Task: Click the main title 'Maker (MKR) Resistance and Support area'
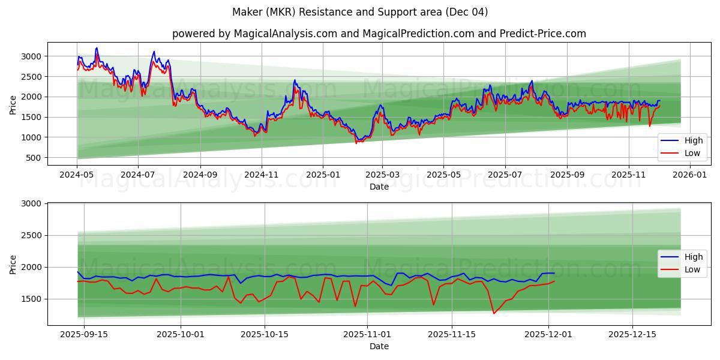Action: (x=360, y=12)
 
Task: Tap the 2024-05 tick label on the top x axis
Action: (x=77, y=175)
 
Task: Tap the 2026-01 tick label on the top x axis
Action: (x=690, y=175)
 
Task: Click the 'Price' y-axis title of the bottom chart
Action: (x=13, y=264)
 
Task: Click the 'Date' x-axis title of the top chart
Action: (x=379, y=187)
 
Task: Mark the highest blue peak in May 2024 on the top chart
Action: (x=97, y=48)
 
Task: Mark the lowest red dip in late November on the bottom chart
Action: (x=494, y=313)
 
